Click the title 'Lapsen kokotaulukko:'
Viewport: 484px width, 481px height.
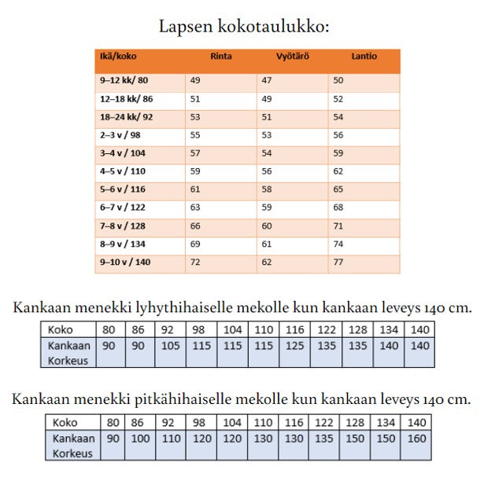coord(243,26)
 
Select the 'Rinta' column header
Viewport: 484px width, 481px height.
coord(220,57)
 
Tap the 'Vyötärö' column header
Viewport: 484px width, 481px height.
coord(292,57)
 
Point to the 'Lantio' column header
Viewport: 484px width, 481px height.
coord(364,57)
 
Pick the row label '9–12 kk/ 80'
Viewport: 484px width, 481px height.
coord(124,80)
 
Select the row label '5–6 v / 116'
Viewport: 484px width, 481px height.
coord(124,189)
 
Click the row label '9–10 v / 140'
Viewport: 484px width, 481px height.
coord(125,262)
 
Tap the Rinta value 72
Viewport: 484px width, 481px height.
coord(195,262)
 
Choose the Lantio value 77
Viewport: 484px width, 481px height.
coord(338,262)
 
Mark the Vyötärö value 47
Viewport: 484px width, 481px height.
coord(267,80)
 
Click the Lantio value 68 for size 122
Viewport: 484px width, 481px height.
coord(338,207)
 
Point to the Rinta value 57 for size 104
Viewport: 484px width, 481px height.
coord(195,153)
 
